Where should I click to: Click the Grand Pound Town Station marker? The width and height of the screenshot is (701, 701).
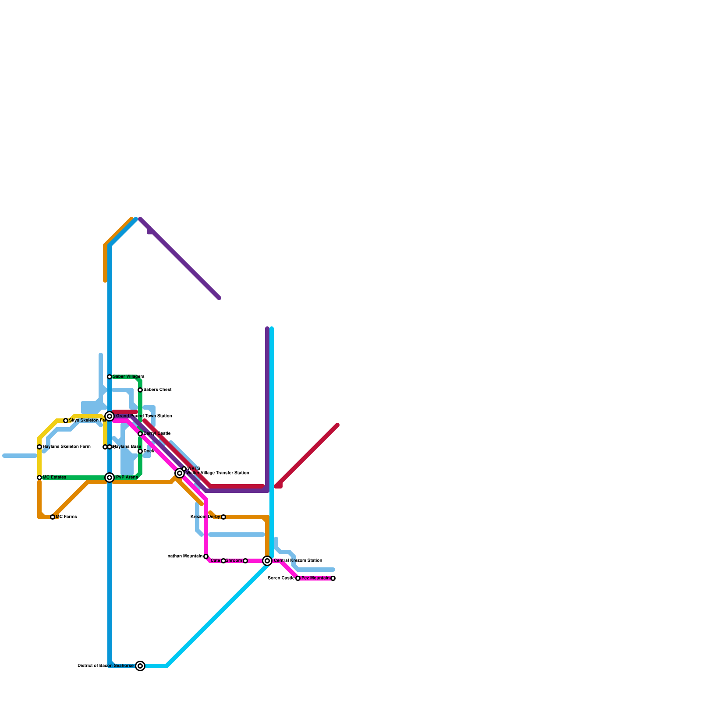(x=110, y=416)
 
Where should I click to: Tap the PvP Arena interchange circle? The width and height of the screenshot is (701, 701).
(x=110, y=478)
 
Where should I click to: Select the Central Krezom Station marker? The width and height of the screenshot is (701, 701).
(x=267, y=561)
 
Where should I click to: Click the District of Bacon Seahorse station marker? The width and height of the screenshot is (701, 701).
(x=140, y=666)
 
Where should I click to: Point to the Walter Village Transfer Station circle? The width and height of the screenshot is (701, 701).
(x=180, y=473)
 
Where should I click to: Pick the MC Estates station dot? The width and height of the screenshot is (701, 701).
(x=39, y=478)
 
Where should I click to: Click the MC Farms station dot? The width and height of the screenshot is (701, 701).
(x=53, y=517)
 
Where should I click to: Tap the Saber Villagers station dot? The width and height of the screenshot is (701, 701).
(x=110, y=377)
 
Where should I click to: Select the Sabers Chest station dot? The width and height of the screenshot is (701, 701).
(x=140, y=390)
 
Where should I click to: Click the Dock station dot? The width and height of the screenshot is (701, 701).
(x=140, y=451)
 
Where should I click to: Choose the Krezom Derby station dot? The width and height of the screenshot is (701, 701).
(x=223, y=517)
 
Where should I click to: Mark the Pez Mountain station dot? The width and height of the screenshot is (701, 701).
(x=333, y=578)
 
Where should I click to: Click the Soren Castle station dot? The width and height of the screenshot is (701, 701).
(x=298, y=578)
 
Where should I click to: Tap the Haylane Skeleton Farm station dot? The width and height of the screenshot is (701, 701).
(x=39, y=447)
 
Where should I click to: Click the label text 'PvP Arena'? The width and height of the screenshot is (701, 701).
(x=127, y=478)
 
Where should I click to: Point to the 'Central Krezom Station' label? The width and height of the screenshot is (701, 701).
(x=298, y=561)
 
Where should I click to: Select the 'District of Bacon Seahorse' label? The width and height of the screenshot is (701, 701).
(x=106, y=666)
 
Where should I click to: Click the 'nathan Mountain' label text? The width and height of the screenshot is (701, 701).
(x=185, y=556)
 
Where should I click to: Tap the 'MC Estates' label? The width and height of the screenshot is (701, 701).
(x=55, y=478)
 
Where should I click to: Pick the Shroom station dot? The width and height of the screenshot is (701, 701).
(x=245, y=561)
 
